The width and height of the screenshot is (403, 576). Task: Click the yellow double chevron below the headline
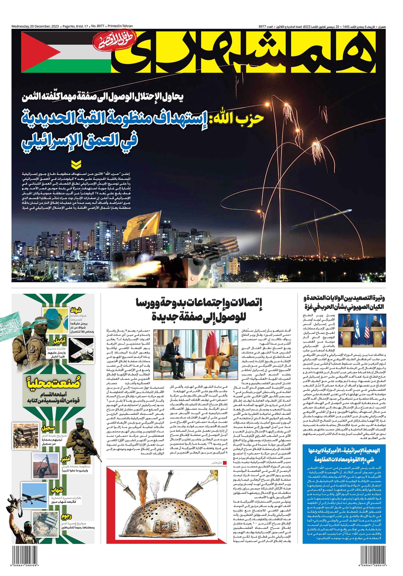[x=76, y=165]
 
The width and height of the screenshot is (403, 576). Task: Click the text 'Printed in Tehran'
[x=120, y=26]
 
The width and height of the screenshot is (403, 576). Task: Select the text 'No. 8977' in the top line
[x=98, y=26]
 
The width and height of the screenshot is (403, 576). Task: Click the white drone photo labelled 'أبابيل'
[x=81, y=350]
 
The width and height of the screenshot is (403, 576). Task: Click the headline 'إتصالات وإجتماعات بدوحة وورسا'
[x=199, y=302]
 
